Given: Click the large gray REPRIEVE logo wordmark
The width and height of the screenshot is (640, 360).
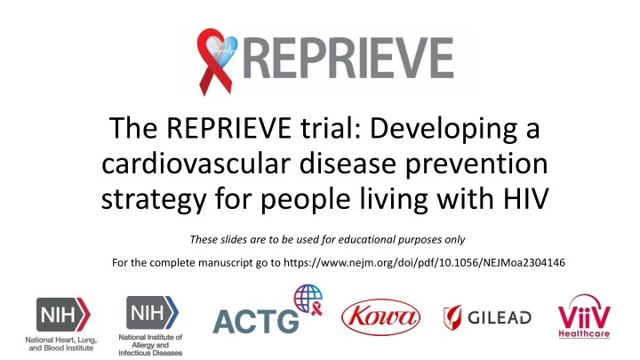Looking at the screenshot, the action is [348, 58].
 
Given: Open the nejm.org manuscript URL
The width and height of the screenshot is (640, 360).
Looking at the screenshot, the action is [424, 262].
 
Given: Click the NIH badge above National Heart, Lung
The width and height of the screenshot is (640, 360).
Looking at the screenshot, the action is [63, 315].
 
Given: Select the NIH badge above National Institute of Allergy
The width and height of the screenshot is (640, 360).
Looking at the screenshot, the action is [152, 312].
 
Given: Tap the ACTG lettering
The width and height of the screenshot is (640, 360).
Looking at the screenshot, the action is [256, 321].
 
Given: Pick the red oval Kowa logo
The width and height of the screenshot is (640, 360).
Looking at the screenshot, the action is [380, 317].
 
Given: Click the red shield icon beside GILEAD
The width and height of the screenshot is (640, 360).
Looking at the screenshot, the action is [452, 317].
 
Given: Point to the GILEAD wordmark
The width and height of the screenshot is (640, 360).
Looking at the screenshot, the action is [500, 317].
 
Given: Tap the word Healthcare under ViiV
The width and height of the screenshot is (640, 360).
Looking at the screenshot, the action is [584, 334].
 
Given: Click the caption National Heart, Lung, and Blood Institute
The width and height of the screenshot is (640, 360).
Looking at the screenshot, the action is [61, 344].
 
